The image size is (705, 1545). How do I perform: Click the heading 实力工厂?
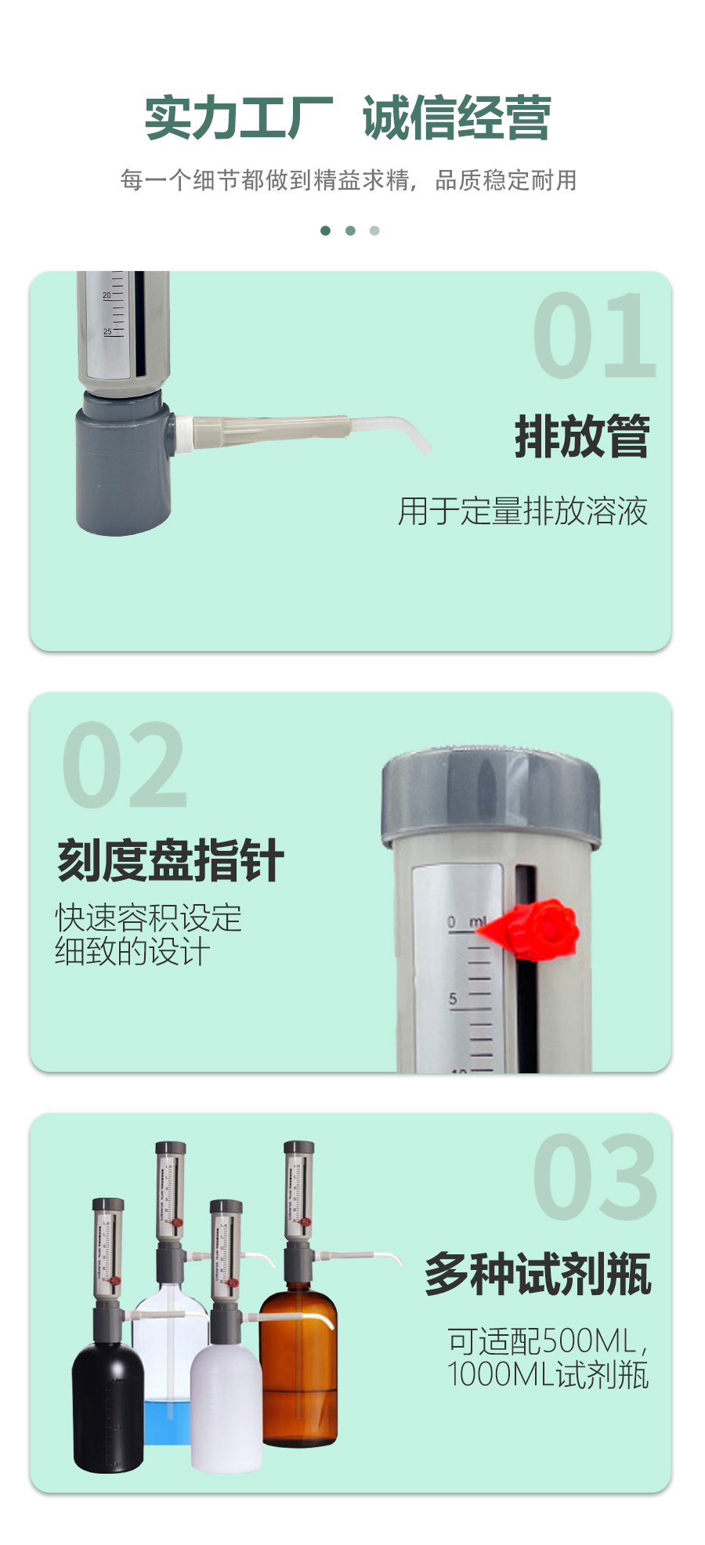click(x=239, y=118)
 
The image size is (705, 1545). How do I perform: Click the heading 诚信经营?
click(x=457, y=118)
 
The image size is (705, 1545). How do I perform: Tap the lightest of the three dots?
click(x=374, y=230)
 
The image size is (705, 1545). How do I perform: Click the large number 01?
click(x=594, y=336)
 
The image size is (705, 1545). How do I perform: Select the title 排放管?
click(x=582, y=436)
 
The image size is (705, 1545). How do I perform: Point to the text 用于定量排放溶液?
click(x=522, y=511)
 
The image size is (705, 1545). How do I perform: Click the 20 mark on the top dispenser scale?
click(x=107, y=295)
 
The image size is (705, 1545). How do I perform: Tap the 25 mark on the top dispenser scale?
click(x=107, y=331)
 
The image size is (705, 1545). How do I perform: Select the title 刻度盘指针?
click(x=170, y=860)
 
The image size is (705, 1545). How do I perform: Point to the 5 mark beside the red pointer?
click(x=453, y=999)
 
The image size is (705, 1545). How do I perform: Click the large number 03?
click(x=595, y=1177)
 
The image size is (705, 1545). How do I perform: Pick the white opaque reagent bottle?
click(x=226, y=1406)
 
